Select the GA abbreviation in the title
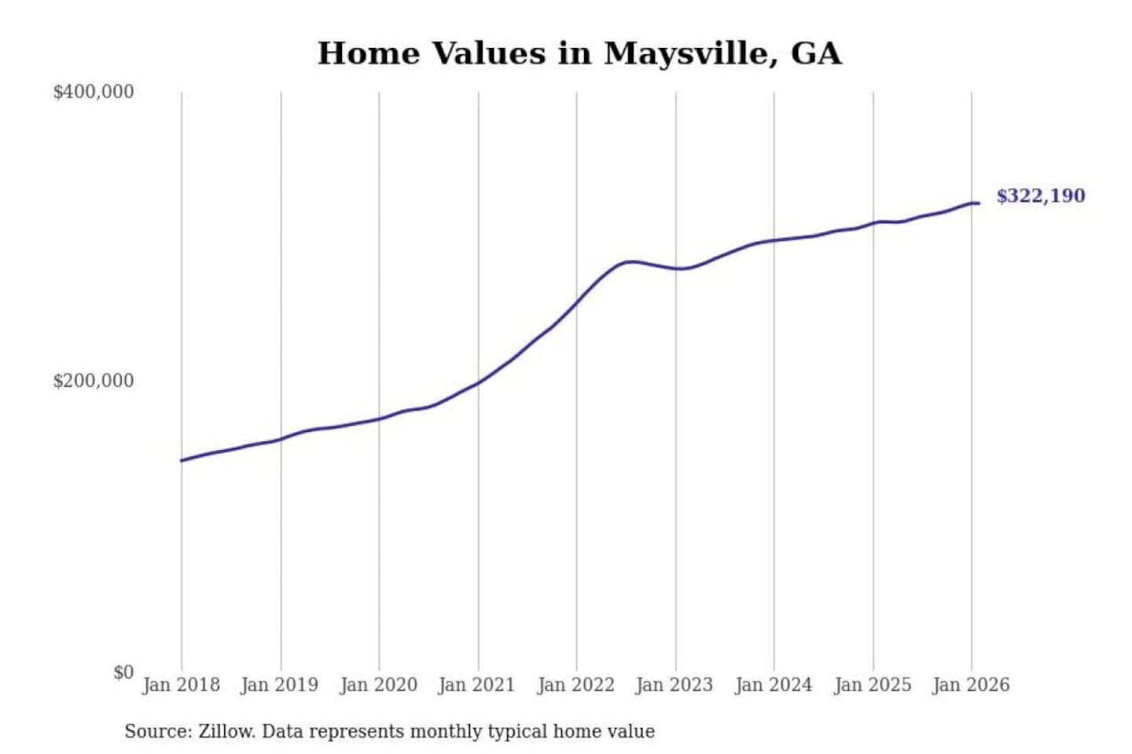tap(816, 53)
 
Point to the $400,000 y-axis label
tap(94, 92)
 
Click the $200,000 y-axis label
tap(94, 381)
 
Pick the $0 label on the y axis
tap(123, 672)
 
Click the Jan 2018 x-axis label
tap(181, 685)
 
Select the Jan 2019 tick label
tap(280, 685)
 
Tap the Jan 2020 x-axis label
tap(378, 685)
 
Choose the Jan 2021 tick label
tap(476, 685)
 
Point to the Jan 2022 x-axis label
tap(575, 685)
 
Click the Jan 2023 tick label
tap(674, 685)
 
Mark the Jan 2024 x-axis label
tap(773, 685)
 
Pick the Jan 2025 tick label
tap(872, 685)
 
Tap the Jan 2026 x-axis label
tap(970, 685)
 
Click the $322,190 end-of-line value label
tap(1040, 196)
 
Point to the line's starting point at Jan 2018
tap(182, 460)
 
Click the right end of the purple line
tap(978, 203)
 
